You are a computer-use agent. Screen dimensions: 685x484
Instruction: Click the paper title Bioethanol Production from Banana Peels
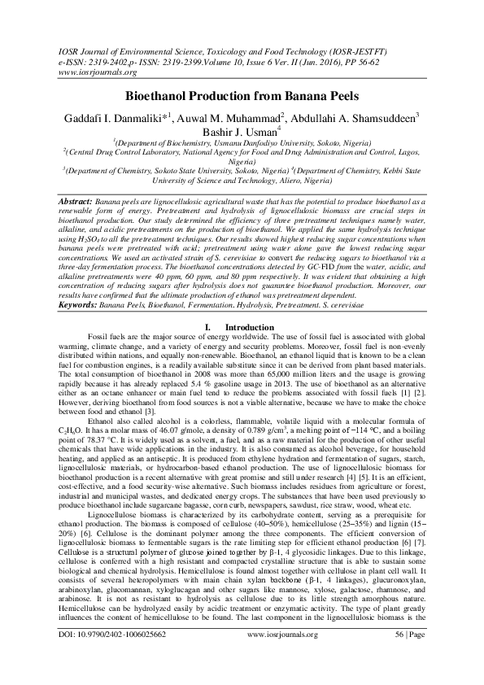point(242,95)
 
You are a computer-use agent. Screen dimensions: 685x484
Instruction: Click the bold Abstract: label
point(77,200)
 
